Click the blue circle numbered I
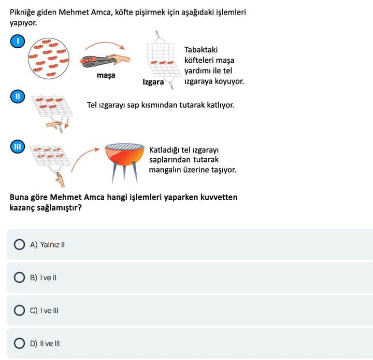tap(18, 41)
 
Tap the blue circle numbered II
tap(18, 96)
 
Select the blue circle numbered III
tap(18, 146)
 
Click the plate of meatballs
tap(49, 59)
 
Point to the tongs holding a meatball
tap(97, 61)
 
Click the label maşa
tap(106, 75)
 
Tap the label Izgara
tap(153, 82)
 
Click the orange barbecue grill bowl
tap(125, 155)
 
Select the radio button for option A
tap(19, 244)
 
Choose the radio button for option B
tap(19, 278)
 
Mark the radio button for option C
tap(19, 310)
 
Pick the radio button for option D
tap(19, 343)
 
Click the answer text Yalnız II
tap(52, 245)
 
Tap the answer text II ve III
tap(50, 343)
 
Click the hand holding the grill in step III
tap(60, 180)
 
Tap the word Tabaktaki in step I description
tap(201, 50)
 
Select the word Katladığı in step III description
tap(164, 150)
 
